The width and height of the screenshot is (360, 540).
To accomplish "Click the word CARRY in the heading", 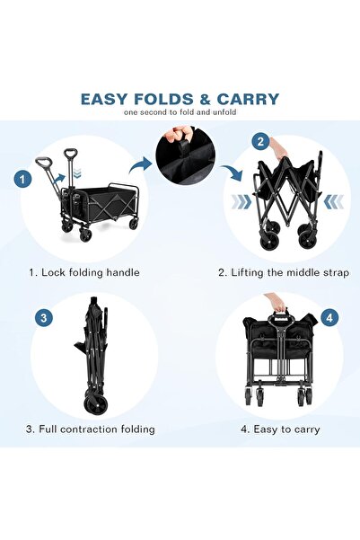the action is click(248, 99).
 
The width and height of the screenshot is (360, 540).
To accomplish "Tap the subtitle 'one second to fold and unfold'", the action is click(180, 112).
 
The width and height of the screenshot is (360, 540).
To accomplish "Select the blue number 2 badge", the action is click(260, 142).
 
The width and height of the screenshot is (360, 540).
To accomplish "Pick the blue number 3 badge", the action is click(44, 317).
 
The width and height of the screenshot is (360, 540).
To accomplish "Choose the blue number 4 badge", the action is click(329, 318).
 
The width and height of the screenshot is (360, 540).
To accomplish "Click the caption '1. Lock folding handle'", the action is click(84, 272).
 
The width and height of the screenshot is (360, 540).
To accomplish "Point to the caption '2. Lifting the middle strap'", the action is click(284, 273).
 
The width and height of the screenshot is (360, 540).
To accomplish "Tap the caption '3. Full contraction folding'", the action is click(91, 429).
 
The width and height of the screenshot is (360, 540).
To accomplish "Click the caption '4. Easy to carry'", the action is click(280, 429).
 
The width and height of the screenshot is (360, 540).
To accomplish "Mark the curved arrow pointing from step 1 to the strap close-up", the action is click(141, 165).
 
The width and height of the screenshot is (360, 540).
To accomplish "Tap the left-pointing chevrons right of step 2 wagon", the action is click(334, 202).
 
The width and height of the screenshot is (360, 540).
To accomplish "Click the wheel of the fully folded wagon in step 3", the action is click(96, 405).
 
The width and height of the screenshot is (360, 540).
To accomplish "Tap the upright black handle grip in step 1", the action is click(71, 153).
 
